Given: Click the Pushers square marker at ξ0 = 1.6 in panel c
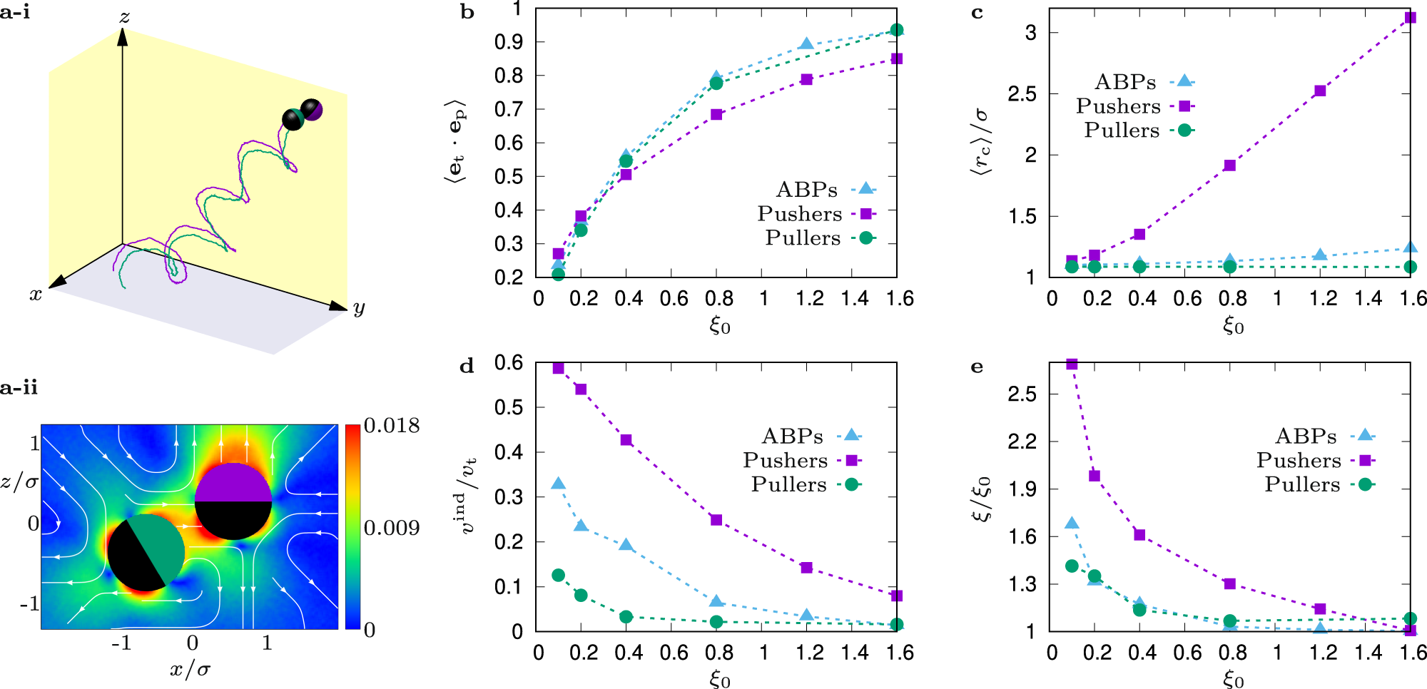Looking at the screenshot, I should click(1410, 18).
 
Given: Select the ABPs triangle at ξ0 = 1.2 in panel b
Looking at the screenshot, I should click(806, 44).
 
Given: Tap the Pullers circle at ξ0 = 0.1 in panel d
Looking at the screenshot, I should click(559, 575).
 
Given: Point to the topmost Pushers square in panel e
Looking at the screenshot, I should click(1072, 364).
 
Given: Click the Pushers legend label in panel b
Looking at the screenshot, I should click(799, 214).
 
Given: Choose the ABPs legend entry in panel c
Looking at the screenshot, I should click(1125, 82).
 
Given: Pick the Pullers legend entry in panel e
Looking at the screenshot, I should click(1302, 485).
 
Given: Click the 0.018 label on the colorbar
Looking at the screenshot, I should click(392, 426).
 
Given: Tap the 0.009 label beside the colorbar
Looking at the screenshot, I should click(392, 528).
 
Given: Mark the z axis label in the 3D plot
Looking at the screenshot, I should click(125, 17).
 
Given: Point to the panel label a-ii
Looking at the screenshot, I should click(19, 388).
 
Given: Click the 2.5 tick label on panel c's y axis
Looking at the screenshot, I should click(1022, 93).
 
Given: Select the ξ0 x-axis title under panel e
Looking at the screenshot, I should click(1233, 679).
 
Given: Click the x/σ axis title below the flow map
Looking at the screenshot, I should click(190, 669).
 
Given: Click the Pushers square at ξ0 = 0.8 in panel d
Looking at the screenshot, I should click(716, 520).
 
